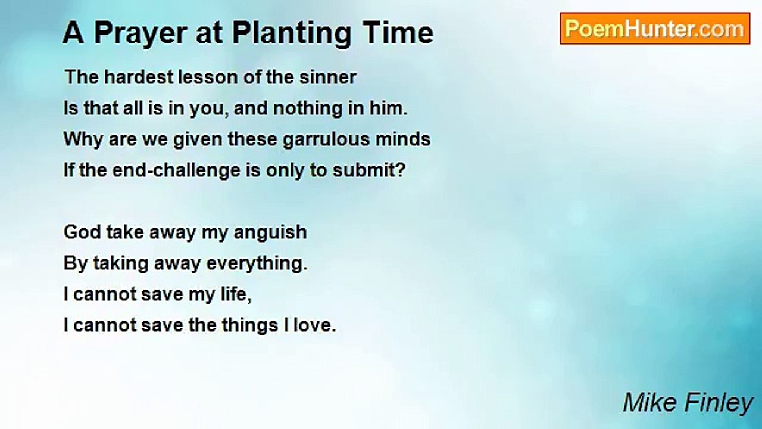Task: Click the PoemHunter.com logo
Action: [x=655, y=29]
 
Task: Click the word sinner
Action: [x=328, y=77]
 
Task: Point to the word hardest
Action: [x=139, y=77]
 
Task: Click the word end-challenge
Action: [x=176, y=170]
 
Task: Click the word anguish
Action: [x=270, y=233]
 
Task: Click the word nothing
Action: [x=308, y=109]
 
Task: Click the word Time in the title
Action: [x=398, y=33]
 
